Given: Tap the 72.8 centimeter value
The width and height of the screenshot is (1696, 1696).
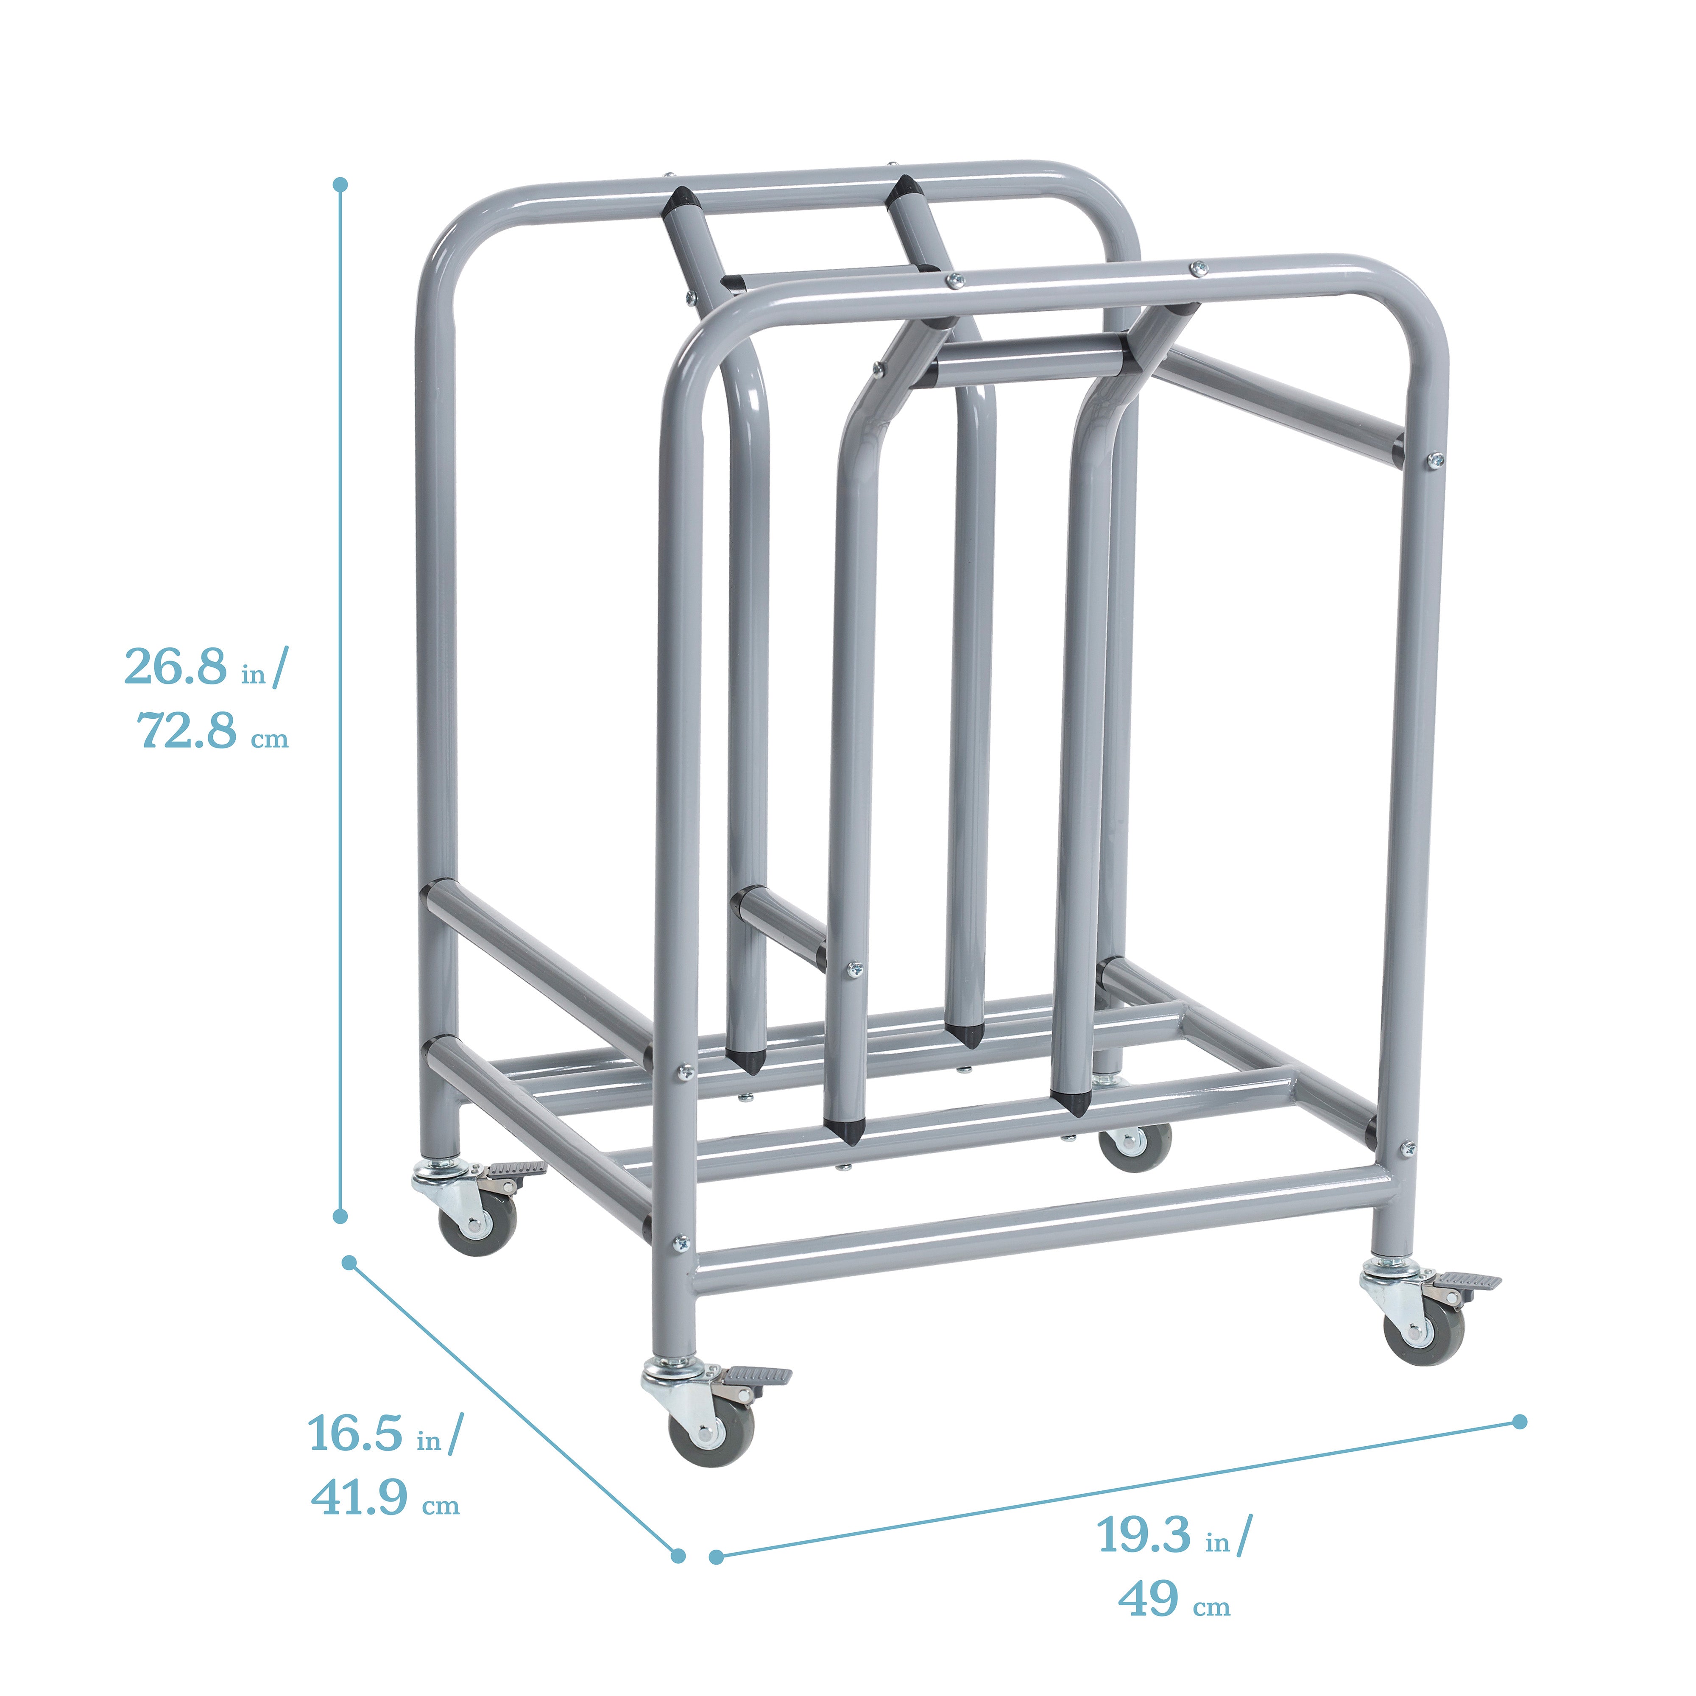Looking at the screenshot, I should click(x=187, y=731).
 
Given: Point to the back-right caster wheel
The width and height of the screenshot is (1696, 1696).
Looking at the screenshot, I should click(x=1135, y=1144).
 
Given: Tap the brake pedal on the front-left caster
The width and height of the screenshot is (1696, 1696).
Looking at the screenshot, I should click(x=757, y=1375).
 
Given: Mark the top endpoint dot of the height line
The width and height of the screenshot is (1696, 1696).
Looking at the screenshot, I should click(x=340, y=184).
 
